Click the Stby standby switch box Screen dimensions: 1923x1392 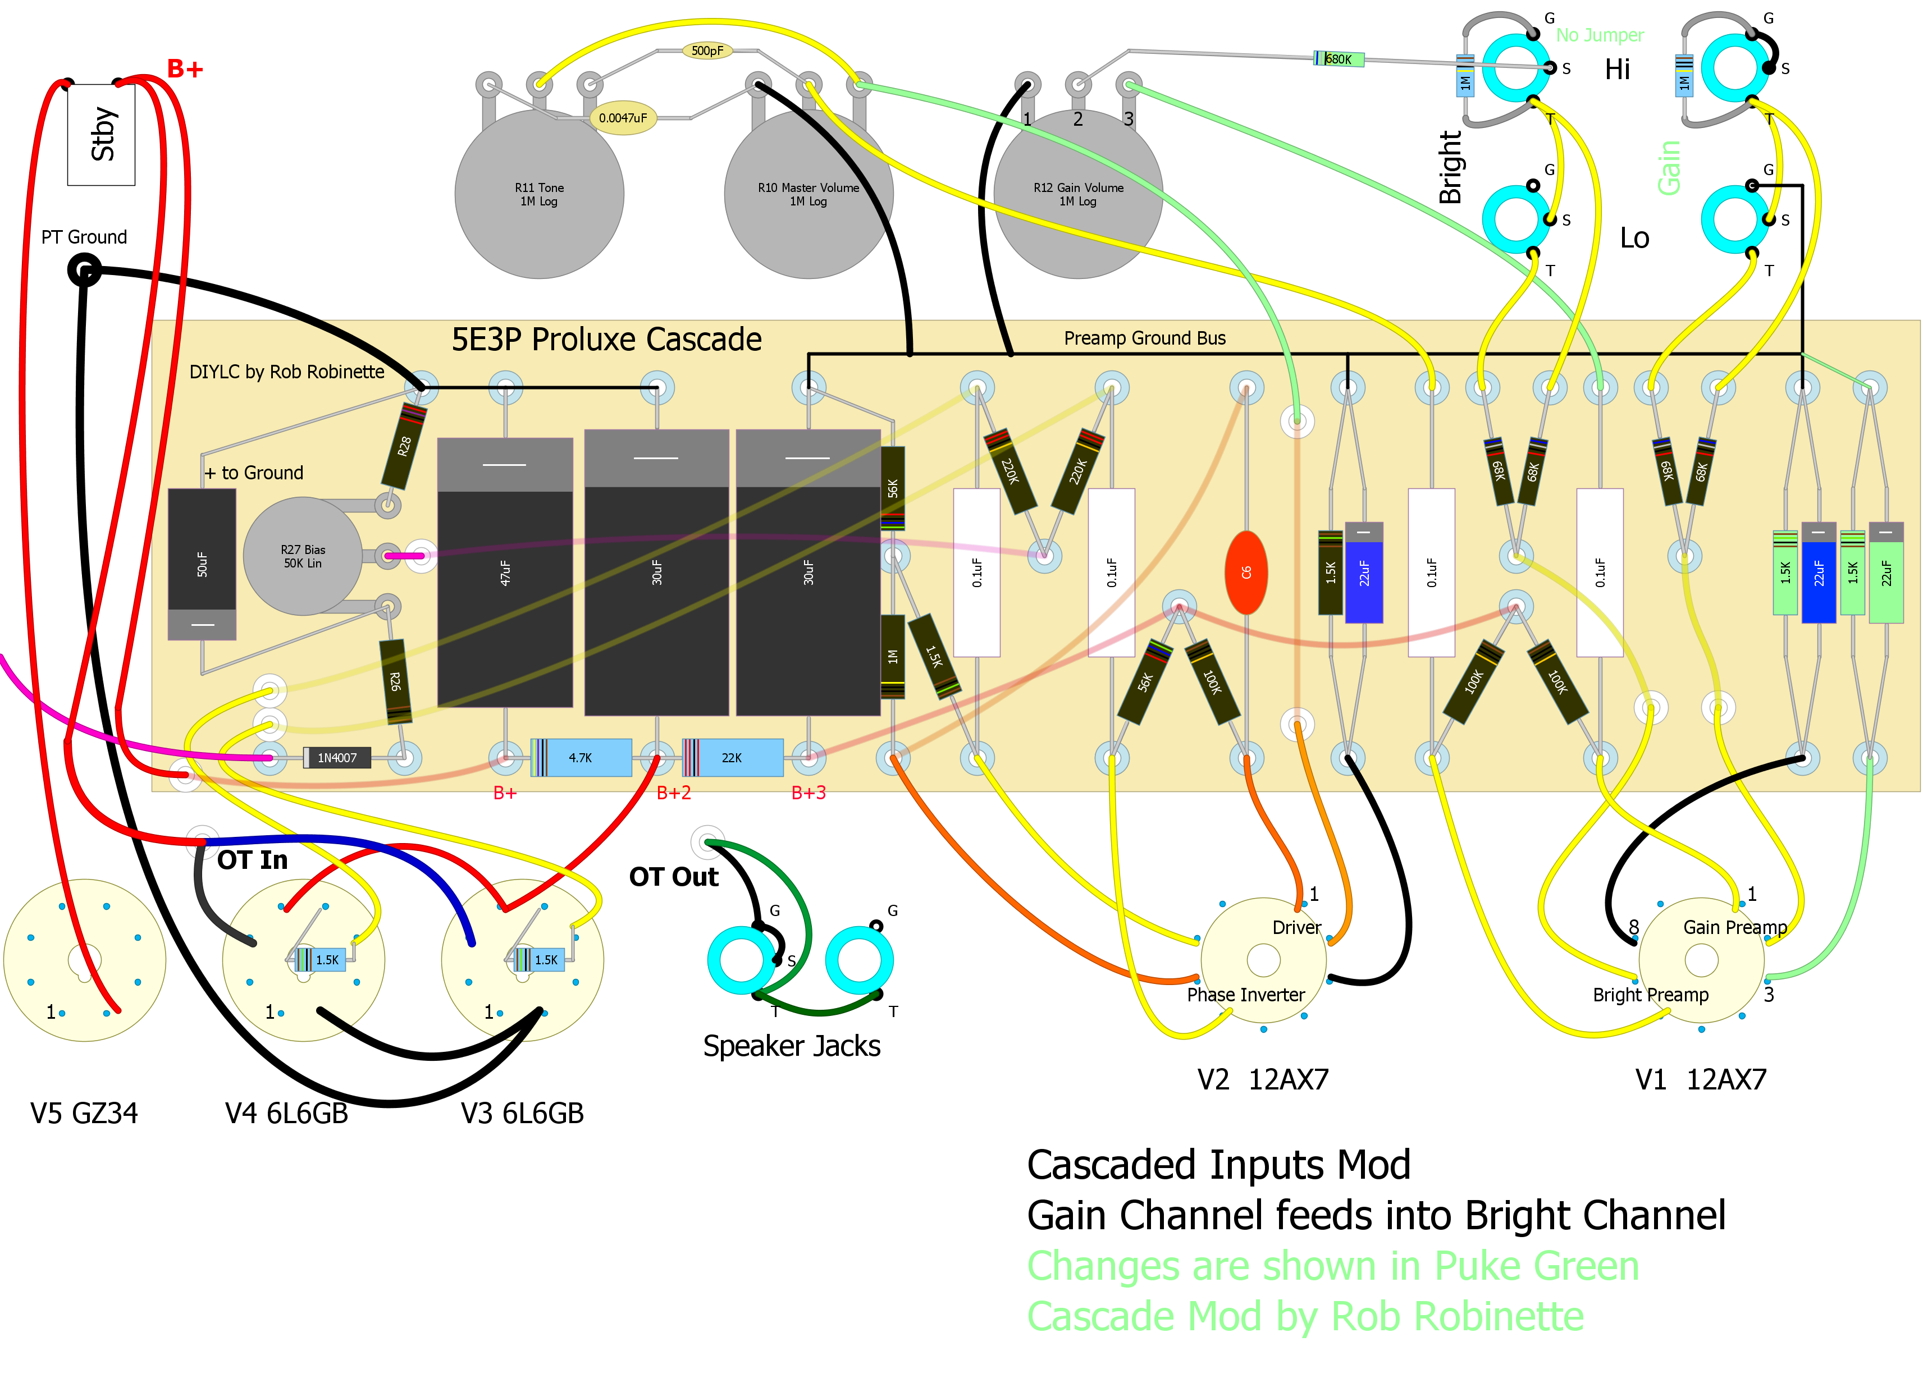101,134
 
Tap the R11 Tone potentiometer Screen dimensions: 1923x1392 539,194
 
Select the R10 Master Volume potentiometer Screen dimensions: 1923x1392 808,194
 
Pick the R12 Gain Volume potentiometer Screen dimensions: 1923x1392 1077,194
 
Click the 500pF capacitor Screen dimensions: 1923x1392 707,51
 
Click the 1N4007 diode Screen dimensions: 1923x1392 337,758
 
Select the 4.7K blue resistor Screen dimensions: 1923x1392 581,758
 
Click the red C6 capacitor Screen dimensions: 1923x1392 1245,572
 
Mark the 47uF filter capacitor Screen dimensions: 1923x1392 505,572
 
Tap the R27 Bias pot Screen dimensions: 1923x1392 303,556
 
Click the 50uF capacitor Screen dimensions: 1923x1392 202,564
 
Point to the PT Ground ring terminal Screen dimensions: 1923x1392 84,271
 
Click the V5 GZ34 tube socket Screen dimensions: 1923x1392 84,960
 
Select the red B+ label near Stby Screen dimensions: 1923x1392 185,68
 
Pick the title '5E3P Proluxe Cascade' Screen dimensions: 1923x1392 606,339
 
